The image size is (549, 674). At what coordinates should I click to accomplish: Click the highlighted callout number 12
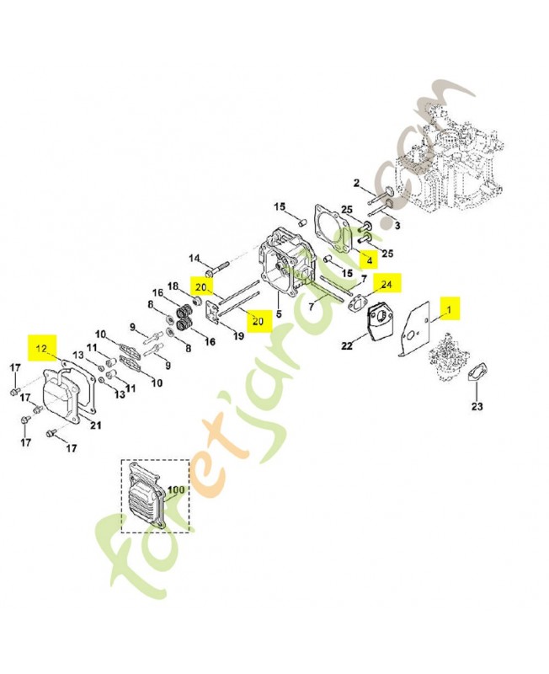click(x=40, y=347)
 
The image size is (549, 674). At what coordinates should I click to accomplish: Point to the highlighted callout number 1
click(x=450, y=310)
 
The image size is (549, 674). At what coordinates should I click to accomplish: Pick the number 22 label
click(x=347, y=345)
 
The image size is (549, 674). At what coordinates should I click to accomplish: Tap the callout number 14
click(x=194, y=258)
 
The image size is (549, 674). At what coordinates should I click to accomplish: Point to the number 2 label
click(x=356, y=183)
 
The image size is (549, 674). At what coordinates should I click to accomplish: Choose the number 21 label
click(x=95, y=425)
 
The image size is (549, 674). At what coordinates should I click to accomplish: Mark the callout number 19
click(x=237, y=335)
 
